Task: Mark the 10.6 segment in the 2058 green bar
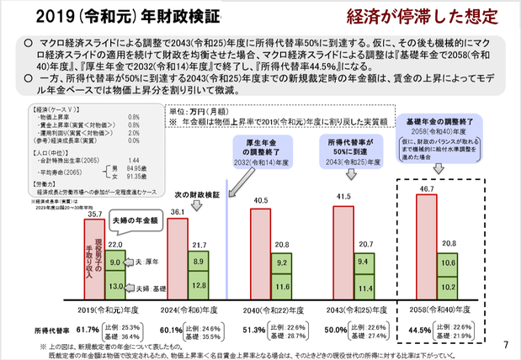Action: click(x=449, y=264)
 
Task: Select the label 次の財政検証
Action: click(x=196, y=193)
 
